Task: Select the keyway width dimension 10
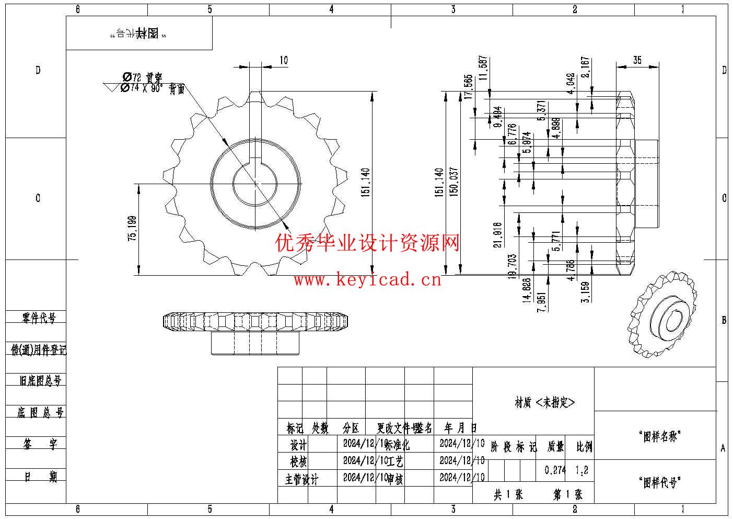click(283, 60)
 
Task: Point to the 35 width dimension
click(637, 60)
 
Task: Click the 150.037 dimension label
click(453, 181)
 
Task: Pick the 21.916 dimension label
click(497, 234)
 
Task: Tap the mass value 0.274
click(555, 470)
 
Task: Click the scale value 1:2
click(581, 470)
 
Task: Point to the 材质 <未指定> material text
click(545, 402)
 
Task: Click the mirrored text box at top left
click(138, 33)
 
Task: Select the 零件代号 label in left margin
click(39, 318)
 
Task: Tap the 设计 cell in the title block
click(298, 445)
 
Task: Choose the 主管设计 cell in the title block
click(301, 479)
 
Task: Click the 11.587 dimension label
click(483, 67)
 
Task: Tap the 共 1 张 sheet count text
click(508, 494)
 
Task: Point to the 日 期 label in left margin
click(40, 477)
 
